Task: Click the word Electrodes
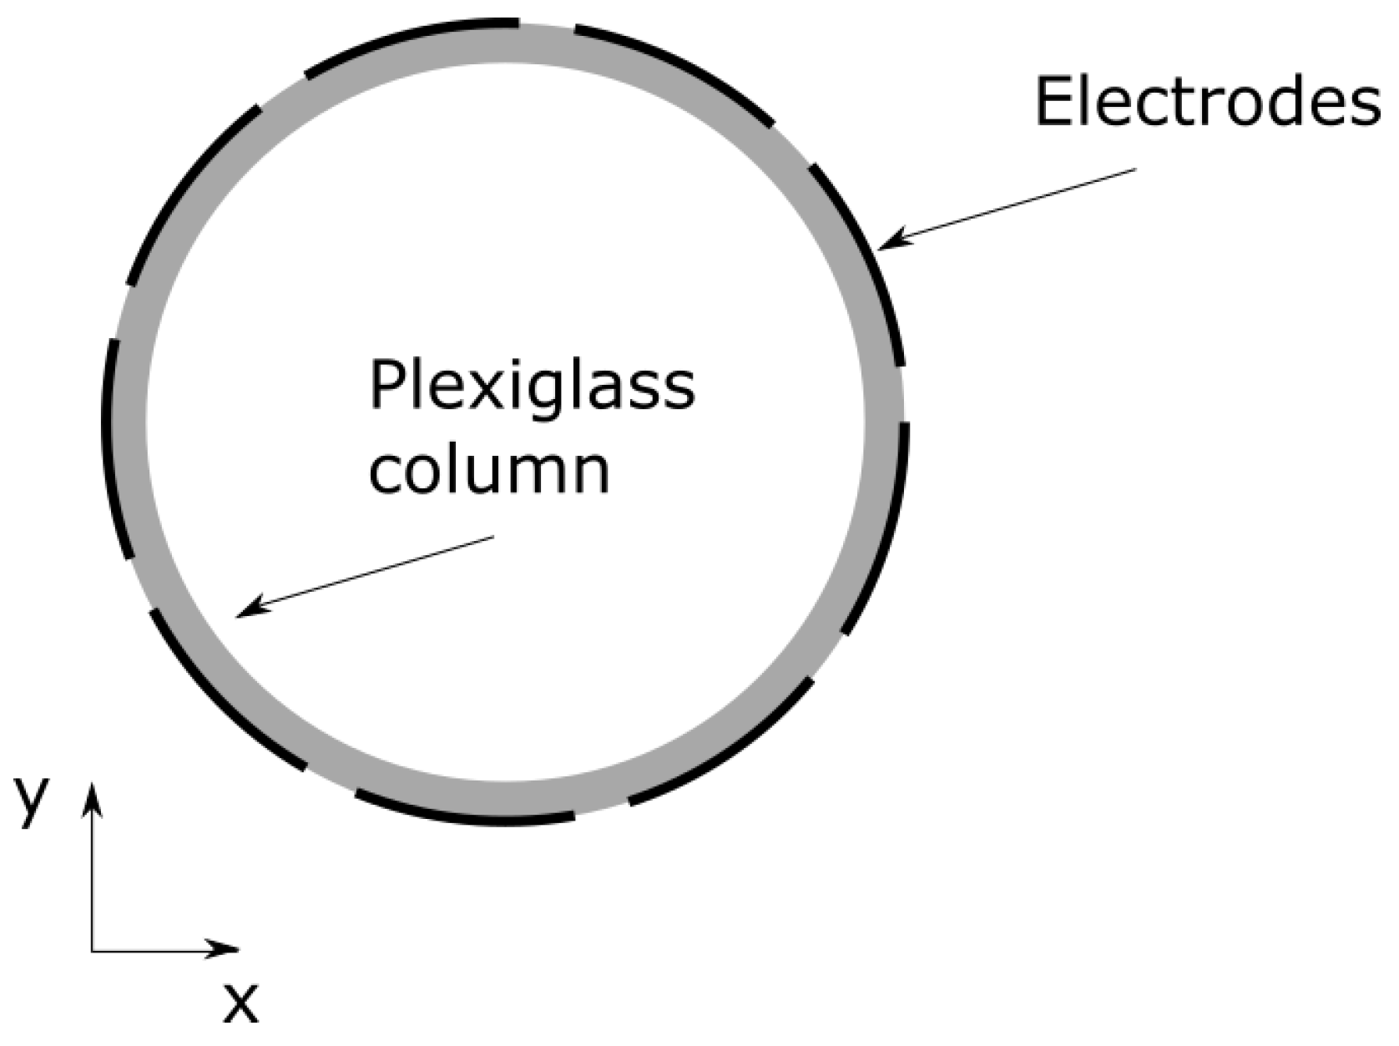1206,103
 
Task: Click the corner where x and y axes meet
93,949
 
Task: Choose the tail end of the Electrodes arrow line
1135,170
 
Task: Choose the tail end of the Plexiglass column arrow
493,538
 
